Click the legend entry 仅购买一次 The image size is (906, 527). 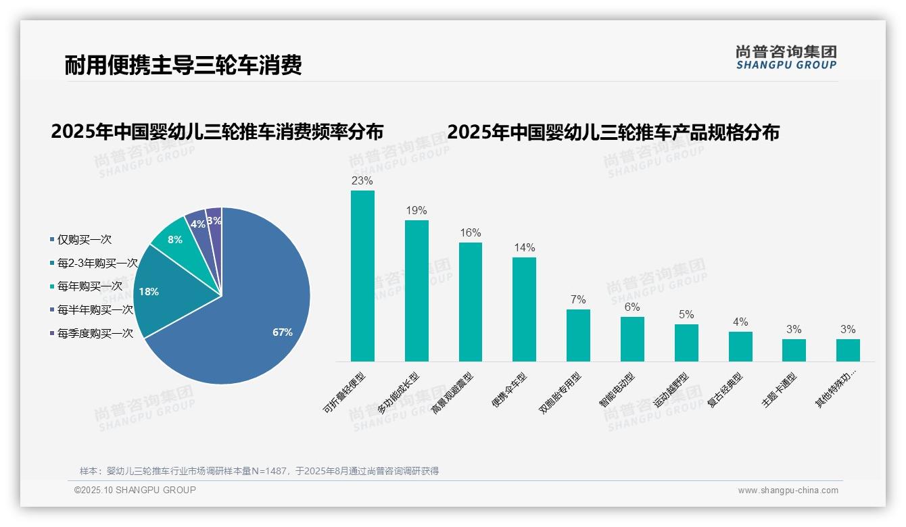pyautogui.click(x=84, y=240)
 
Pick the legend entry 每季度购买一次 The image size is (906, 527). pyautogui.click(x=95, y=333)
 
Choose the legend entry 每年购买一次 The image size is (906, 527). pyautogui.click(x=89, y=286)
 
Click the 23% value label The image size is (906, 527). pyautogui.click(x=362, y=181)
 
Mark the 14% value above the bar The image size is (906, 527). pyautogui.click(x=524, y=248)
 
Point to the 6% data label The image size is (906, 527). pyautogui.click(x=632, y=307)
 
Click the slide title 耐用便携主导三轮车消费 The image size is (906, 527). pyautogui.click(x=183, y=65)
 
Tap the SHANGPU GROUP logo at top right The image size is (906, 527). pyautogui.click(x=786, y=57)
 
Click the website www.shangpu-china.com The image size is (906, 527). pyautogui.click(x=788, y=491)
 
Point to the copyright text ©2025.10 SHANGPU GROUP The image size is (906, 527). pyautogui.click(x=135, y=490)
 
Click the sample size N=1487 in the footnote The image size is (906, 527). pyautogui.click(x=270, y=471)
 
